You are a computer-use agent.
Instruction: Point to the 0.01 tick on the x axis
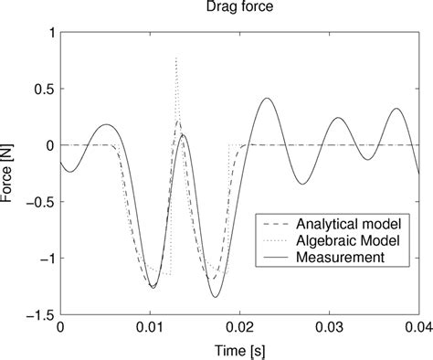[150, 327]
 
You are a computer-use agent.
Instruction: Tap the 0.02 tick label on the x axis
[239, 327]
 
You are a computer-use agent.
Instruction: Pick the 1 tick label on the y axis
[49, 33]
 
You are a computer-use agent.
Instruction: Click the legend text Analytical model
[353, 222]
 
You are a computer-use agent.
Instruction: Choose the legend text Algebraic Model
[351, 239]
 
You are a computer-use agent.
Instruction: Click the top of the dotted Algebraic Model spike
[176, 58]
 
